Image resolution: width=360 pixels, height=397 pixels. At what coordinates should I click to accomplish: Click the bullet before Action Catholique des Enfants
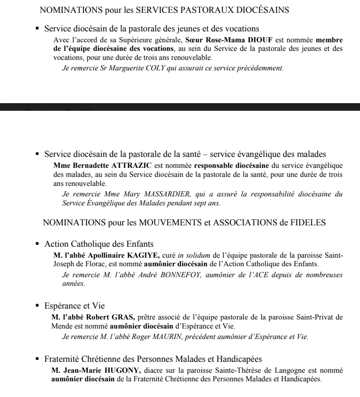pos(37,244)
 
